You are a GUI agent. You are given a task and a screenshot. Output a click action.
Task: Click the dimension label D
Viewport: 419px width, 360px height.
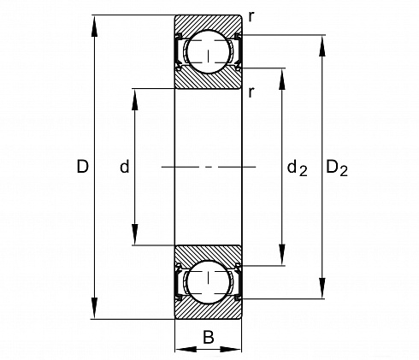[x=83, y=167]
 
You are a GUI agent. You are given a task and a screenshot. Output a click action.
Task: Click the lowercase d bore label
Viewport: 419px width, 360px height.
[x=125, y=167]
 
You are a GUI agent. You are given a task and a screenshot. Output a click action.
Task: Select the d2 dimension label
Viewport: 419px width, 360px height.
[x=297, y=168]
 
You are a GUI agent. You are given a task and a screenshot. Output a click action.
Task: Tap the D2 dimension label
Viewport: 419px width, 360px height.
[x=337, y=168]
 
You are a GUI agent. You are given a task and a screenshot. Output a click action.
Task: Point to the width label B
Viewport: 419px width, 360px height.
[x=209, y=337]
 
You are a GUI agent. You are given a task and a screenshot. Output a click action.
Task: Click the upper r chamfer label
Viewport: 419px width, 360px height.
[x=251, y=17]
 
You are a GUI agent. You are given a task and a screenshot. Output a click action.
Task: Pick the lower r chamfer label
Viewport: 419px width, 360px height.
[x=251, y=92]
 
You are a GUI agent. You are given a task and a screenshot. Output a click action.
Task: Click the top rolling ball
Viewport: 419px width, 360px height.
[x=209, y=51]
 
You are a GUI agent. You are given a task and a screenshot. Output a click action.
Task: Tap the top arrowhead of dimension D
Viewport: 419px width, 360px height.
[x=94, y=26]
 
